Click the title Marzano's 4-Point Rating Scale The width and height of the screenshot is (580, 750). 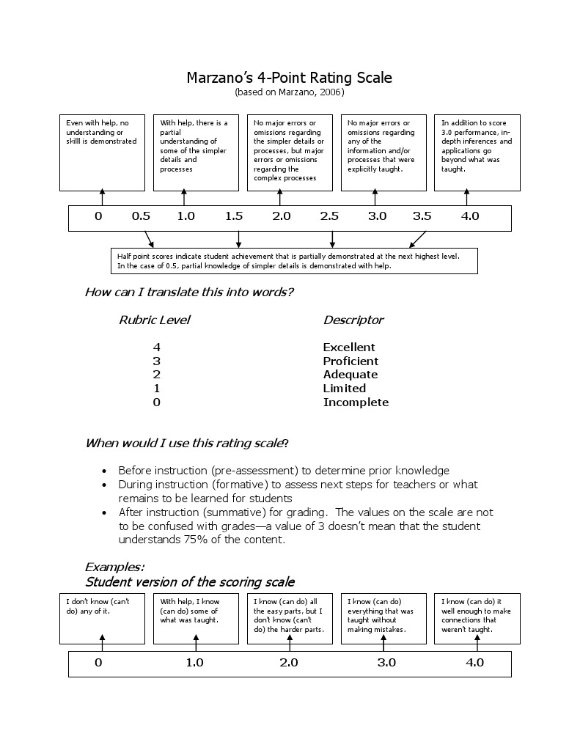[289, 78]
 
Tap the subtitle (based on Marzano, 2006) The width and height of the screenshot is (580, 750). [289, 92]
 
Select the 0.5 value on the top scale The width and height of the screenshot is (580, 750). [141, 216]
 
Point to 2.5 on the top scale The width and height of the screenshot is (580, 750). [329, 216]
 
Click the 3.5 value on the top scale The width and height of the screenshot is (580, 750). [422, 216]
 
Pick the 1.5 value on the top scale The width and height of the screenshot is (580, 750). [234, 216]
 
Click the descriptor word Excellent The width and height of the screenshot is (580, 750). [348, 348]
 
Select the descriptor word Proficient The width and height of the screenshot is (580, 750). [350, 361]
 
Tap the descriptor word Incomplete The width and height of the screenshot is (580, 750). [356, 402]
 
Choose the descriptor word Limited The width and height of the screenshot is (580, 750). [344, 389]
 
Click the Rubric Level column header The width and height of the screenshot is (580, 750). [154, 320]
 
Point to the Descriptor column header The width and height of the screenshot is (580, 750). [353, 320]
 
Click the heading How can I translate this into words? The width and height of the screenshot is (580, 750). [189, 293]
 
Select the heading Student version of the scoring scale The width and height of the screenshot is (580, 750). [190, 582]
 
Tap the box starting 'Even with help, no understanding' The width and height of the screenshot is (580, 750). [102, 152]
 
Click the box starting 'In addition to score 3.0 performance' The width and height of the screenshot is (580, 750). [477, 152]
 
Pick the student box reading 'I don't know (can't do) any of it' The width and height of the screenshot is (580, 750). [102, 618]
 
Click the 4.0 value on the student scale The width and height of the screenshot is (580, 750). [474, 663]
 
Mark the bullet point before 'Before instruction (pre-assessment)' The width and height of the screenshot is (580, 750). [103, 471]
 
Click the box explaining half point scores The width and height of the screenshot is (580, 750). [293, 260]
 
